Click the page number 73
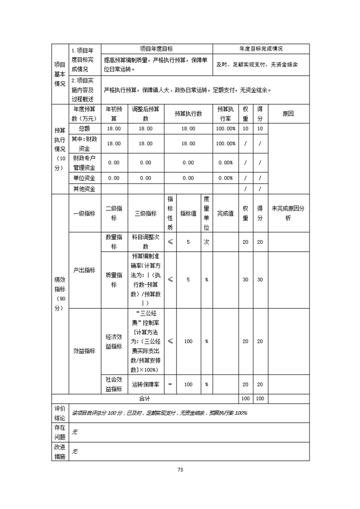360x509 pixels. point(180,470)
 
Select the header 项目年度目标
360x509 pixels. point(157,49)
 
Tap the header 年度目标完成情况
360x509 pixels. point(261,49)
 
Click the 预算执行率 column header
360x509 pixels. point(226,114)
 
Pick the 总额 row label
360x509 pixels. point(84,128)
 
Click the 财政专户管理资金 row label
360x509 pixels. point(84,162)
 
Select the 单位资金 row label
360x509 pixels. point(84,178)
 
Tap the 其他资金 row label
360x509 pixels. point(84,189)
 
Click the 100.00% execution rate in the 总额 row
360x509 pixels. point(226,128)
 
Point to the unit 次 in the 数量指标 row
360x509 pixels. point(206,242)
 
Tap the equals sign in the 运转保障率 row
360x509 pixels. point(170,384)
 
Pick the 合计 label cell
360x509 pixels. point(144,398)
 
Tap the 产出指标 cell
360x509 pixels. point(84,270)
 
